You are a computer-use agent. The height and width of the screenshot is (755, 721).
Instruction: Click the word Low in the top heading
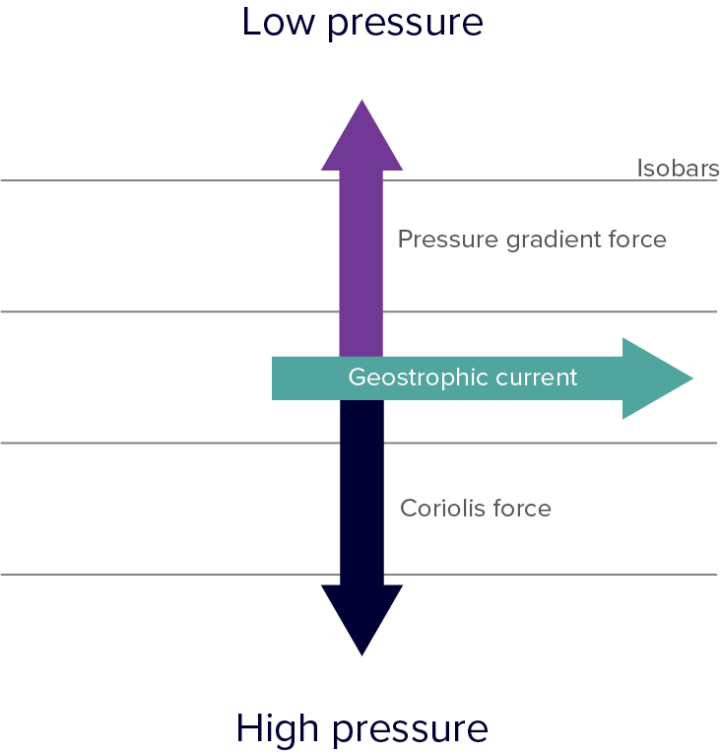tap(278, 22)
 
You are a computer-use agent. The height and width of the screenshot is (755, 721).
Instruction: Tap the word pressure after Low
tap(405, 25)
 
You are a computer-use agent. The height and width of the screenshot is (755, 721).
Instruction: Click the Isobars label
tap(678, 169)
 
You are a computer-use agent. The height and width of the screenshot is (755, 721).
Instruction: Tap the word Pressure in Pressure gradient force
tap(447, 240)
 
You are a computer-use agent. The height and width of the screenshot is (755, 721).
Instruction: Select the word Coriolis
tap(443, 508)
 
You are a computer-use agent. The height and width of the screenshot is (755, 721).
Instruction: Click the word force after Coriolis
tap(522, 508)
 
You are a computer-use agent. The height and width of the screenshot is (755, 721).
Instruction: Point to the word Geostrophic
tap(418, 377)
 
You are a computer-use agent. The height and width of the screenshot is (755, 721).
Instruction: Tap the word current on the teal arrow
tap(536, 377)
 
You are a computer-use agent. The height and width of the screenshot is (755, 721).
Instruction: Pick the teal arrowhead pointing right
tap(655, 378)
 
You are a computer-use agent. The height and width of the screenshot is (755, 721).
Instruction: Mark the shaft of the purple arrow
tap(361, 263)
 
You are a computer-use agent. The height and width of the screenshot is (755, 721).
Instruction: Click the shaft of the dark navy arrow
tap(361, 493)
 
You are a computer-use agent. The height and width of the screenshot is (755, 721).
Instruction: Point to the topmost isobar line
tap(360, 180)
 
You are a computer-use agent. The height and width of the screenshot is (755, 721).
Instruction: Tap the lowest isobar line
tap(360, 575)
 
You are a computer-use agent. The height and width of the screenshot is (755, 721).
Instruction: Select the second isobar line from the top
tap(360, 311)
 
